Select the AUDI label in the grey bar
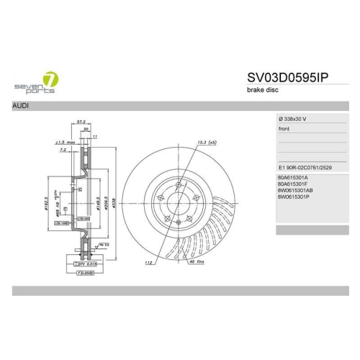pos(22,106)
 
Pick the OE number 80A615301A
pos(292,177)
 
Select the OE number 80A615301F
pos(292,184)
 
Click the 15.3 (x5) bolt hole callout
pos(207,144)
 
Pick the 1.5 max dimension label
pos(68,143)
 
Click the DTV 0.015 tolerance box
pos(86,266)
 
